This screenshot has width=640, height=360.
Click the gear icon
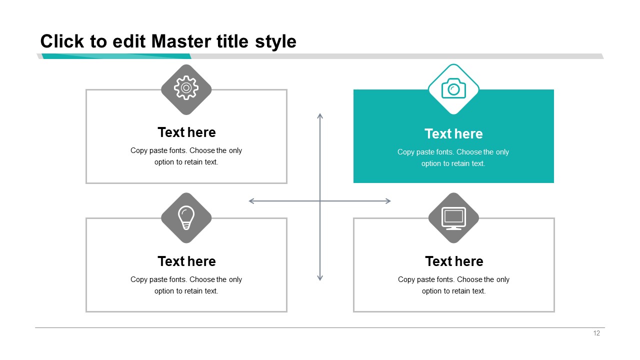pyautogui.click(x=186, y=87)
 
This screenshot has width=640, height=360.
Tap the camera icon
pyautogui.click(x=453, y=88)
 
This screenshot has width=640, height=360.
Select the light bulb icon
pyautogui.click(x=186, y=217)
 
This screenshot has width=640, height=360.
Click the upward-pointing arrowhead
pyautogui.click(x=320, y=116)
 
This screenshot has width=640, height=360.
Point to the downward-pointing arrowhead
pyautogui.click(x=320, y=277)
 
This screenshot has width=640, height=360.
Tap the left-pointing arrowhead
pyautogui.click(x=251, y=201)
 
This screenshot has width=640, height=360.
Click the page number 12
pyautogui.click(x=596, y=333)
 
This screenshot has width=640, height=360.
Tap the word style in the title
pyautogui.click(x=275, y=42)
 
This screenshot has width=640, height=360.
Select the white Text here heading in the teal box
pyautogui.click(x=453, y=133)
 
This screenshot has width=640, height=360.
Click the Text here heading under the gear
pyautogui.click(x=186, y=132)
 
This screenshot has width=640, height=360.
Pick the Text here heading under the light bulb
pyautogui.click(x=186, y=261)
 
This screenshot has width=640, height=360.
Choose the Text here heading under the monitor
pyautogui.click(x=454, y=261)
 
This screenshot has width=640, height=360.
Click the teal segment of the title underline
pyautogui.click(x=116, y=56)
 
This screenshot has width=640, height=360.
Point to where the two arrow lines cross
pyautogui.click(x=320, y=201)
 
